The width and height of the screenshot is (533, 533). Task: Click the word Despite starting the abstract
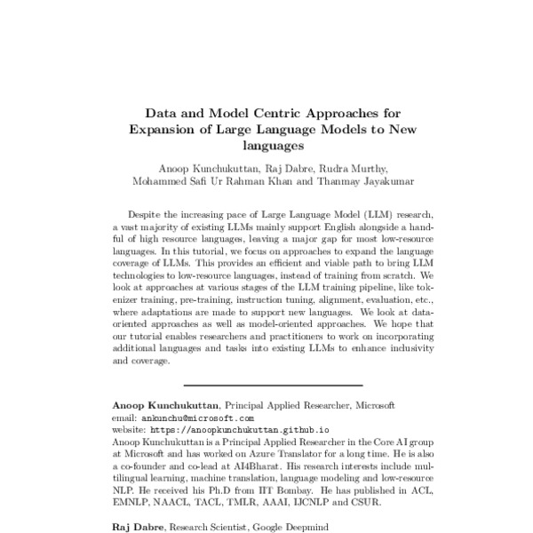(x=147, y=215)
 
